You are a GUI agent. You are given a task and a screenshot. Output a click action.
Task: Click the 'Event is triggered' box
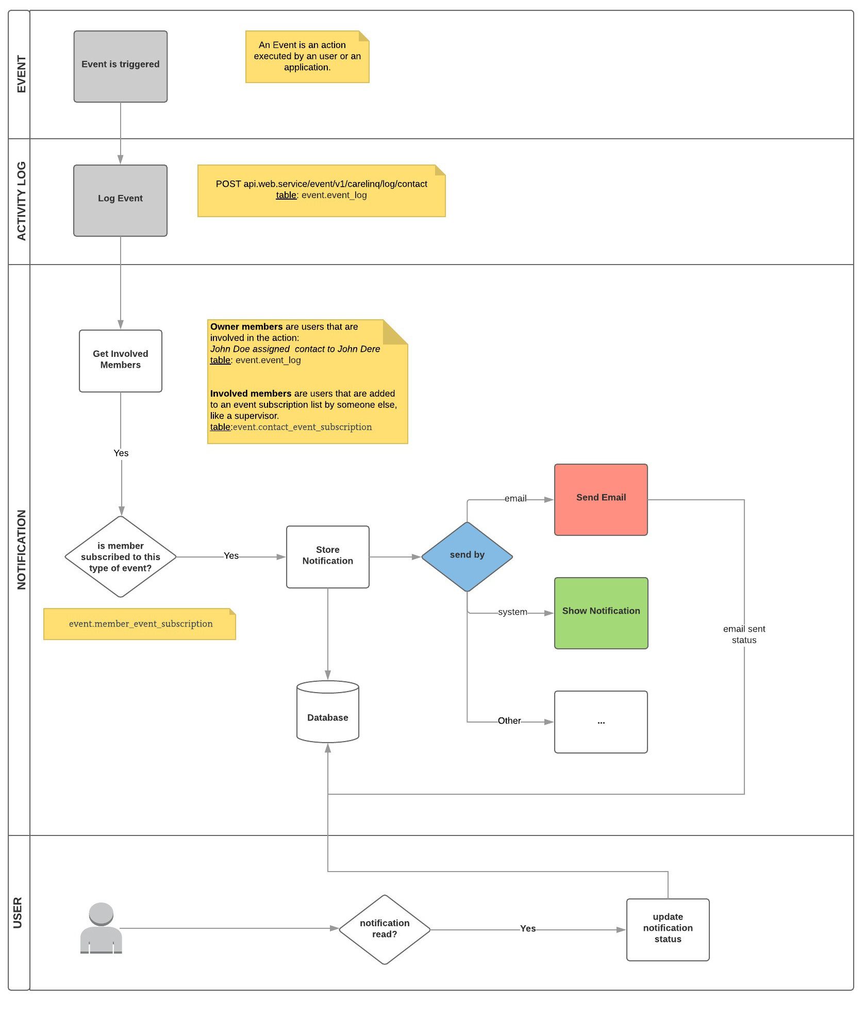120,66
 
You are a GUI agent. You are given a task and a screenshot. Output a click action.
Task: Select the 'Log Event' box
120,200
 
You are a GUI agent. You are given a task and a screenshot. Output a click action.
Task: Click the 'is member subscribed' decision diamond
120,556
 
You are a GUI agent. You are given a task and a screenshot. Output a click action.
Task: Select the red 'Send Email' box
601,499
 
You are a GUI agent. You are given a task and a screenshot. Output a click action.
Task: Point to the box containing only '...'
601,721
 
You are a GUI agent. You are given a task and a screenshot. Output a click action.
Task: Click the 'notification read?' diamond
384,929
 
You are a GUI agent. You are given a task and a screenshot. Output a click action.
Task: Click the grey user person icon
101,928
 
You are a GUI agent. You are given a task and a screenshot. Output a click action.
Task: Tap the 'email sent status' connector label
744,634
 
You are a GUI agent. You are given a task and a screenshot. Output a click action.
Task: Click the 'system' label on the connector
512,612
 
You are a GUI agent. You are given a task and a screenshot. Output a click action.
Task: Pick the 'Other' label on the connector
509,721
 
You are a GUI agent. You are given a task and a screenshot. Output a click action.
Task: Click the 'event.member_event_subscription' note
140,624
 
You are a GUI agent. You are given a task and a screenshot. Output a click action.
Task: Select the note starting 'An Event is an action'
307,56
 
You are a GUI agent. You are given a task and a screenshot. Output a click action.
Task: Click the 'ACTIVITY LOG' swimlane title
21,201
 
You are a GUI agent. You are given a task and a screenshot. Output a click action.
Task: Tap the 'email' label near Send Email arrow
515,499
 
